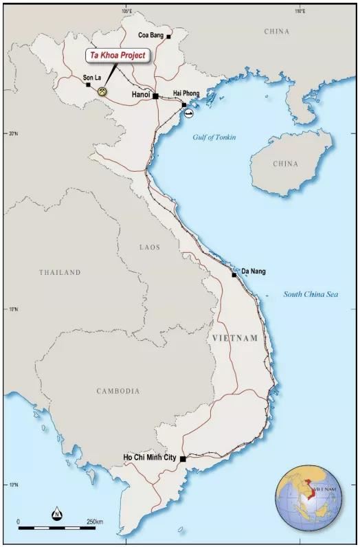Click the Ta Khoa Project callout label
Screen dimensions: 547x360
point(117,55)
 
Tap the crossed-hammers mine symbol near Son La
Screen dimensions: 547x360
point(102,91)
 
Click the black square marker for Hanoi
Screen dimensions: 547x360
point(156,96)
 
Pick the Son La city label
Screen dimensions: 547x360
point(92,78)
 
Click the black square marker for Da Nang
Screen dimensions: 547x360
point(234,274)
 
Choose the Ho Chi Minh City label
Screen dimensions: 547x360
point(150,457)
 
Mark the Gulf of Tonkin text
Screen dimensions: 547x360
point(214,137)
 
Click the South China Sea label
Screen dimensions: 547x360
point(311,294)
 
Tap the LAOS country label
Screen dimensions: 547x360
point(149,246)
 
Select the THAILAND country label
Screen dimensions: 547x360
point(60,272)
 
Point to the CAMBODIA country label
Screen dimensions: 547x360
point(117,391)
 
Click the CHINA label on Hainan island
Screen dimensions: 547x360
point(285,164)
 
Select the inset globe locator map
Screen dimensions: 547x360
point(311,498)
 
